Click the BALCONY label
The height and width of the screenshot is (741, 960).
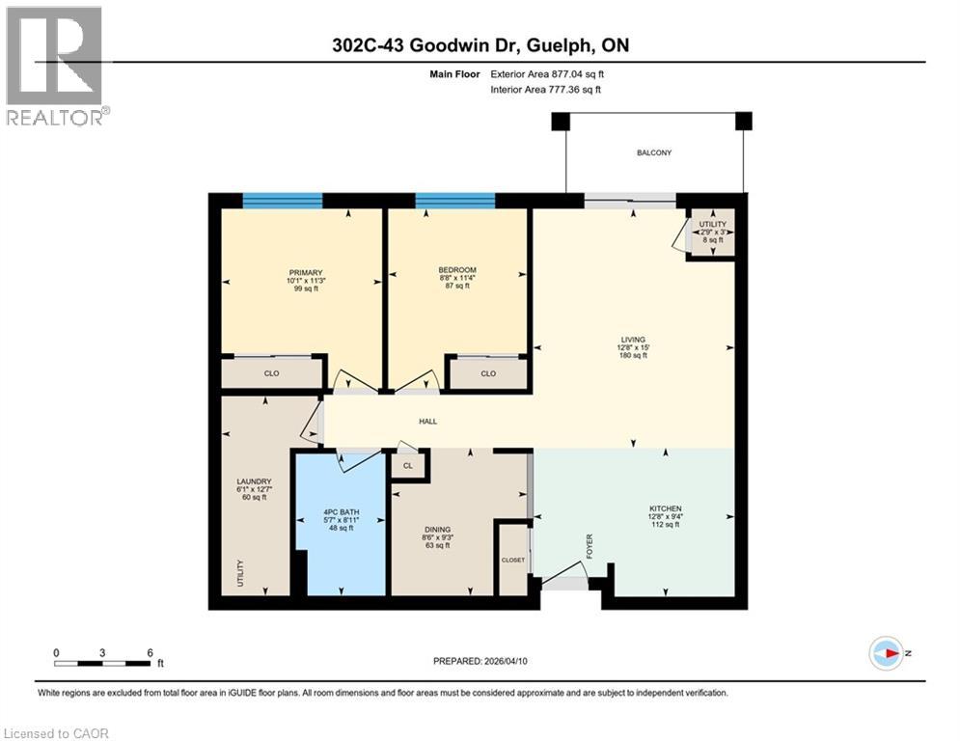653,152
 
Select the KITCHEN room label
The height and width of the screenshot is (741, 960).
666,508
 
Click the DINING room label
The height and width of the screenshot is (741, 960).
437,529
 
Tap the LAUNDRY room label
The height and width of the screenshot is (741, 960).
256,480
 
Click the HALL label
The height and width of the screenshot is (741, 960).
428,421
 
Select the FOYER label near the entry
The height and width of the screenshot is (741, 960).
589,547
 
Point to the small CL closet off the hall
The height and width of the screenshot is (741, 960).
408,465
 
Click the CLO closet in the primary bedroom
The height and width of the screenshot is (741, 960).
271,373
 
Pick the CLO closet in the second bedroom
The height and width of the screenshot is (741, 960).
487,373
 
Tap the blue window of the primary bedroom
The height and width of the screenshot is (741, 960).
282,201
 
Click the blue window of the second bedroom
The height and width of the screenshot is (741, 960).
454,201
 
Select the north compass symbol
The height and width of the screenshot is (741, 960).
886,652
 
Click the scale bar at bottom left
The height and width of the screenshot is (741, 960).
102,663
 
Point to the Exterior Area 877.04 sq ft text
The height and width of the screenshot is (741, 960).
547,73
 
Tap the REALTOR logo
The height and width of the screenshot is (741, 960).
56,66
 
